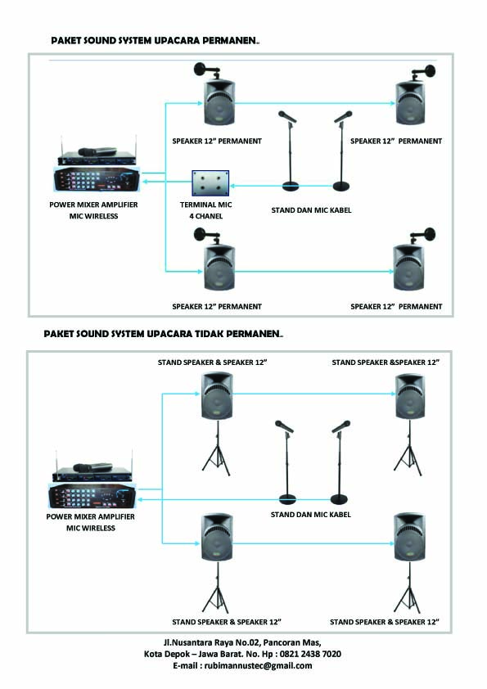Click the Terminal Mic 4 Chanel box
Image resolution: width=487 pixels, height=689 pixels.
pos(210,182)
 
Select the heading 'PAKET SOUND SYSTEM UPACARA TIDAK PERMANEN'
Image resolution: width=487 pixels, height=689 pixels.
pos(163,334)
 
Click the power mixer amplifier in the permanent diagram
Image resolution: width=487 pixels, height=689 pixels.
pos(97,171)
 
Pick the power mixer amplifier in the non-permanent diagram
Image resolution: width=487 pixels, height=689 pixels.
pos(92,488)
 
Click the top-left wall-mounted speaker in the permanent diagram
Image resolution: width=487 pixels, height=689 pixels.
pos(217,101)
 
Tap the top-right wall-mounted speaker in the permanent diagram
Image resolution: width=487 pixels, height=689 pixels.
pos(410,101)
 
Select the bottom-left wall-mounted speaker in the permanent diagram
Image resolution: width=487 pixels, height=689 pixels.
pos(217,268)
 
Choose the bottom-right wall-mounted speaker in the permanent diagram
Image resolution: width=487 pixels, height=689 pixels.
pos(410,268)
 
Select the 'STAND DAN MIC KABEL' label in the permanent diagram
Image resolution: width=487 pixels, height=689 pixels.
pos(311,210)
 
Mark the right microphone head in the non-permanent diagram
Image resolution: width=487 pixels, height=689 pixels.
pos(341,426)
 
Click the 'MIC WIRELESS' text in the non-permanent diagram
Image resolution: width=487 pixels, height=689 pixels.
pos(91,529)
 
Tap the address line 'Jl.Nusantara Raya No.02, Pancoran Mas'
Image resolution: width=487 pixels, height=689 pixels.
pos(243,642)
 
